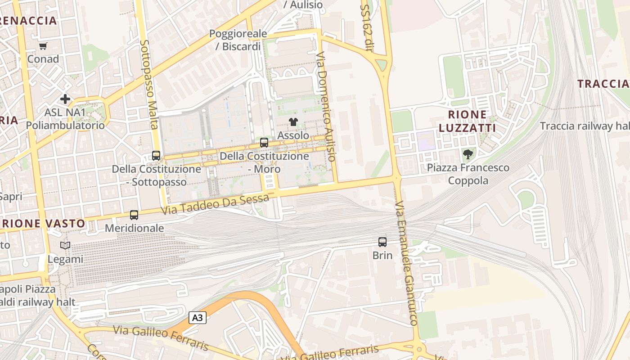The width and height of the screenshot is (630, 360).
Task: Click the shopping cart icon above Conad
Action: [x=43, y=46]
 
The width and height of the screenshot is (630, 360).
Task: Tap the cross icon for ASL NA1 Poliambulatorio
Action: [x=65, y=99]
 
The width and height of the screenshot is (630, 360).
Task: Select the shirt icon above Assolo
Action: [x=293, y=121]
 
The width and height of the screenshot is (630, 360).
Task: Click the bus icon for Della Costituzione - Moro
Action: [x=264, y=143]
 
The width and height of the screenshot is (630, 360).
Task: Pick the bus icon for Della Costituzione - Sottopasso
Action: [x=156, y=156]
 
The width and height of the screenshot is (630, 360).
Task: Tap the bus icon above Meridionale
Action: [x=134, y=215]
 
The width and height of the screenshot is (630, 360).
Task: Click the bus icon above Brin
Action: [x=382, y=242]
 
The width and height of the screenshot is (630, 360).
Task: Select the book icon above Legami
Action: [x=65, y=246]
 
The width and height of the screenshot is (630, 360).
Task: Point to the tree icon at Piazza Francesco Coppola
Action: [x=468, y=154]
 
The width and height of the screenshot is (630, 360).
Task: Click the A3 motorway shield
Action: [x=197, y=318]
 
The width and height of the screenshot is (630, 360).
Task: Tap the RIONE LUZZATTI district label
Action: [x=467, y=121]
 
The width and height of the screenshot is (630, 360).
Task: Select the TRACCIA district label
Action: [x=603, y=84]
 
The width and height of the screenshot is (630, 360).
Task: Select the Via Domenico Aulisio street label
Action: [x=326, y=106]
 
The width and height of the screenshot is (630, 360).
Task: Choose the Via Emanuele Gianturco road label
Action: [x=407, y=263]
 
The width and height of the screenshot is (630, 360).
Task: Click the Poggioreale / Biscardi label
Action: [x=238, y=40]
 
